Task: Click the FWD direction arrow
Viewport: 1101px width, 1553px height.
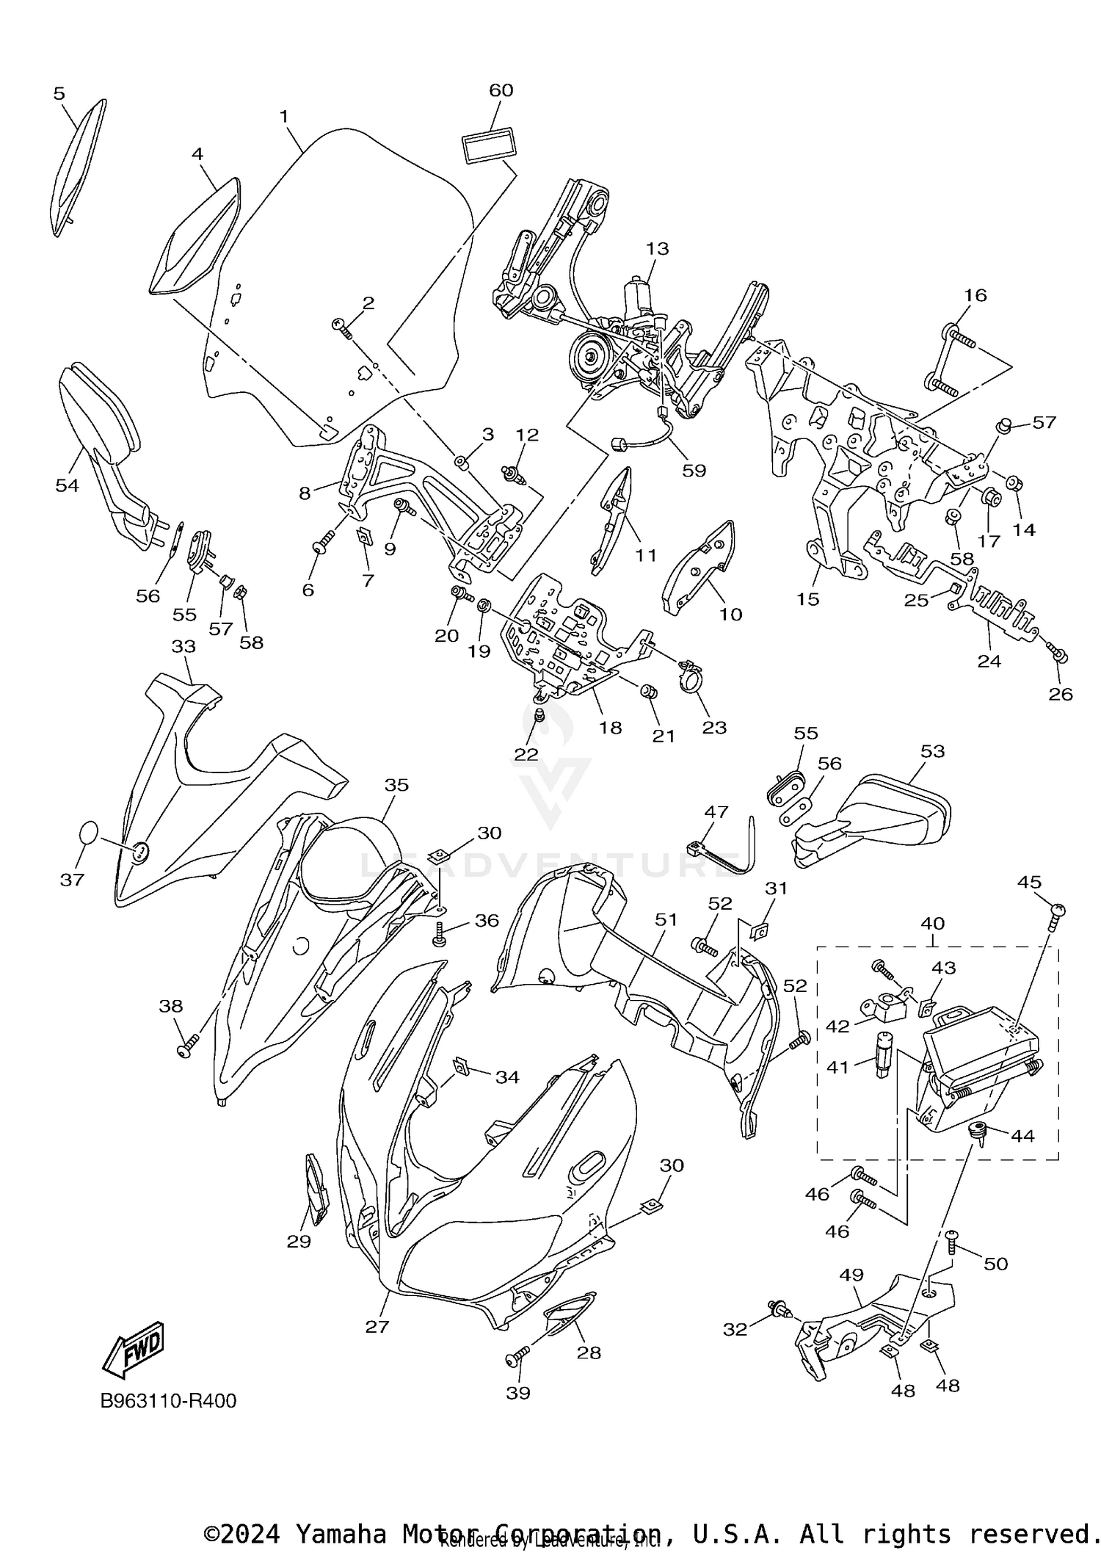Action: coord(134,1349)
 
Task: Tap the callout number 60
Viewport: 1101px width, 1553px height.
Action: coord(501,90)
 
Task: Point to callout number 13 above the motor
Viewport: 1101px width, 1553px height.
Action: coord(657,248)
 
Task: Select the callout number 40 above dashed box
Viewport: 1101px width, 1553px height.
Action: coord(933,923)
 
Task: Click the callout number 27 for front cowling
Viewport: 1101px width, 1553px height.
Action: coord(377,1326)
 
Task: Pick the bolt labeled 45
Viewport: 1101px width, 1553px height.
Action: coord(1055,911)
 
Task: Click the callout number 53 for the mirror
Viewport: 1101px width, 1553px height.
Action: coord(932,751)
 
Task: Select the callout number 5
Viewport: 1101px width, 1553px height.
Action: coord(59,93)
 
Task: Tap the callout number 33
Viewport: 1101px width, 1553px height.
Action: coord(183,646)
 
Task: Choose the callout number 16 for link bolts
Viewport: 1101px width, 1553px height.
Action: coord(975,295)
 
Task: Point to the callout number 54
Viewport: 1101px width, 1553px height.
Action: coord(67,485)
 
